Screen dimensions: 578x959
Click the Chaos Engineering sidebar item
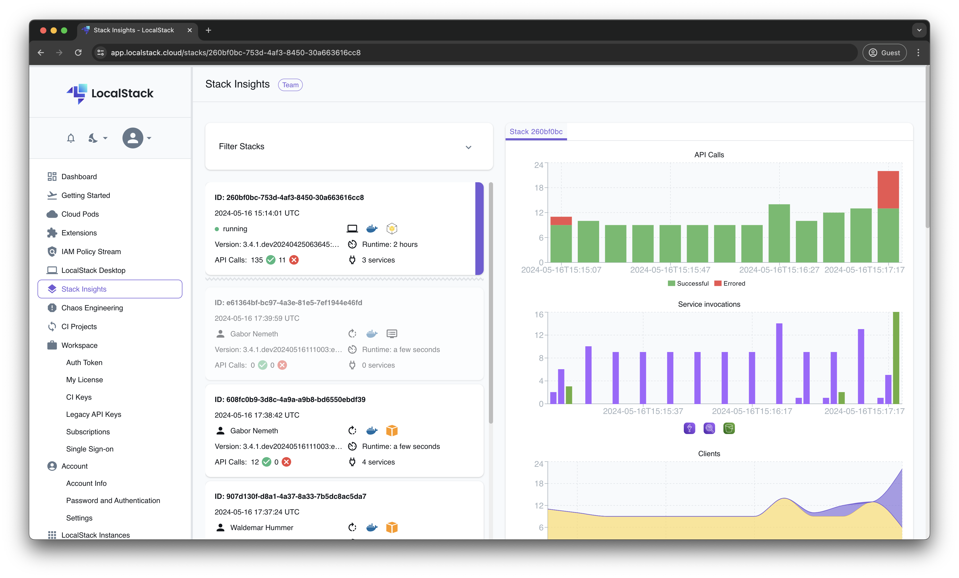[92, 308]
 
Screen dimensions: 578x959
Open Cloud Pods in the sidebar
[80, 214]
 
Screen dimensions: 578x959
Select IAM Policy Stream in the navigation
[91, 252]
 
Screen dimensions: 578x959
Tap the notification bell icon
[70, 138]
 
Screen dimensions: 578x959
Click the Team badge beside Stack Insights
[290, 85]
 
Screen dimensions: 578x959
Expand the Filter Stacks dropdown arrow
[468, 147]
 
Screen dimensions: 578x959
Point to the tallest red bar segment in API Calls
[888, 190]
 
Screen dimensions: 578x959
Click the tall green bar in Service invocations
[896, 357]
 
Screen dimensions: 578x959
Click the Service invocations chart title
[709, 304]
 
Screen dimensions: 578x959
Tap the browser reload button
[78, 53]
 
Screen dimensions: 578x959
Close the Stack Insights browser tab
[189, 30]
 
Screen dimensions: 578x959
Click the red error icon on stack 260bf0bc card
[294, 260]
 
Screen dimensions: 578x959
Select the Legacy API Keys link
[93, 414]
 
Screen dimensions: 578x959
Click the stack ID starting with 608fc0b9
[290, 399]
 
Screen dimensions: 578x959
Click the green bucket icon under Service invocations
[729, 428]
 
